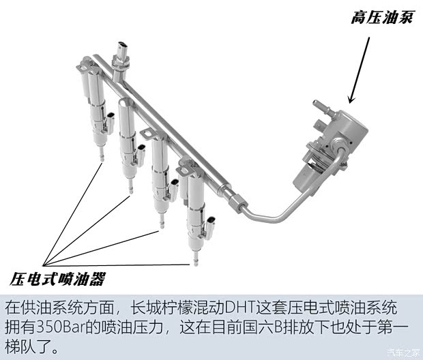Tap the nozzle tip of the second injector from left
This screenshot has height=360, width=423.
pyautogui.click(x=130, y=194)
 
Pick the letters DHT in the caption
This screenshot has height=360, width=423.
pyautogui.click(x=241, y=307)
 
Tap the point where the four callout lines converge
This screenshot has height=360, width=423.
pyautogui.click(x=46, y=263)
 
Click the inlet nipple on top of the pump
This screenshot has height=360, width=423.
pyautogui.click(x=318, y=105)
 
